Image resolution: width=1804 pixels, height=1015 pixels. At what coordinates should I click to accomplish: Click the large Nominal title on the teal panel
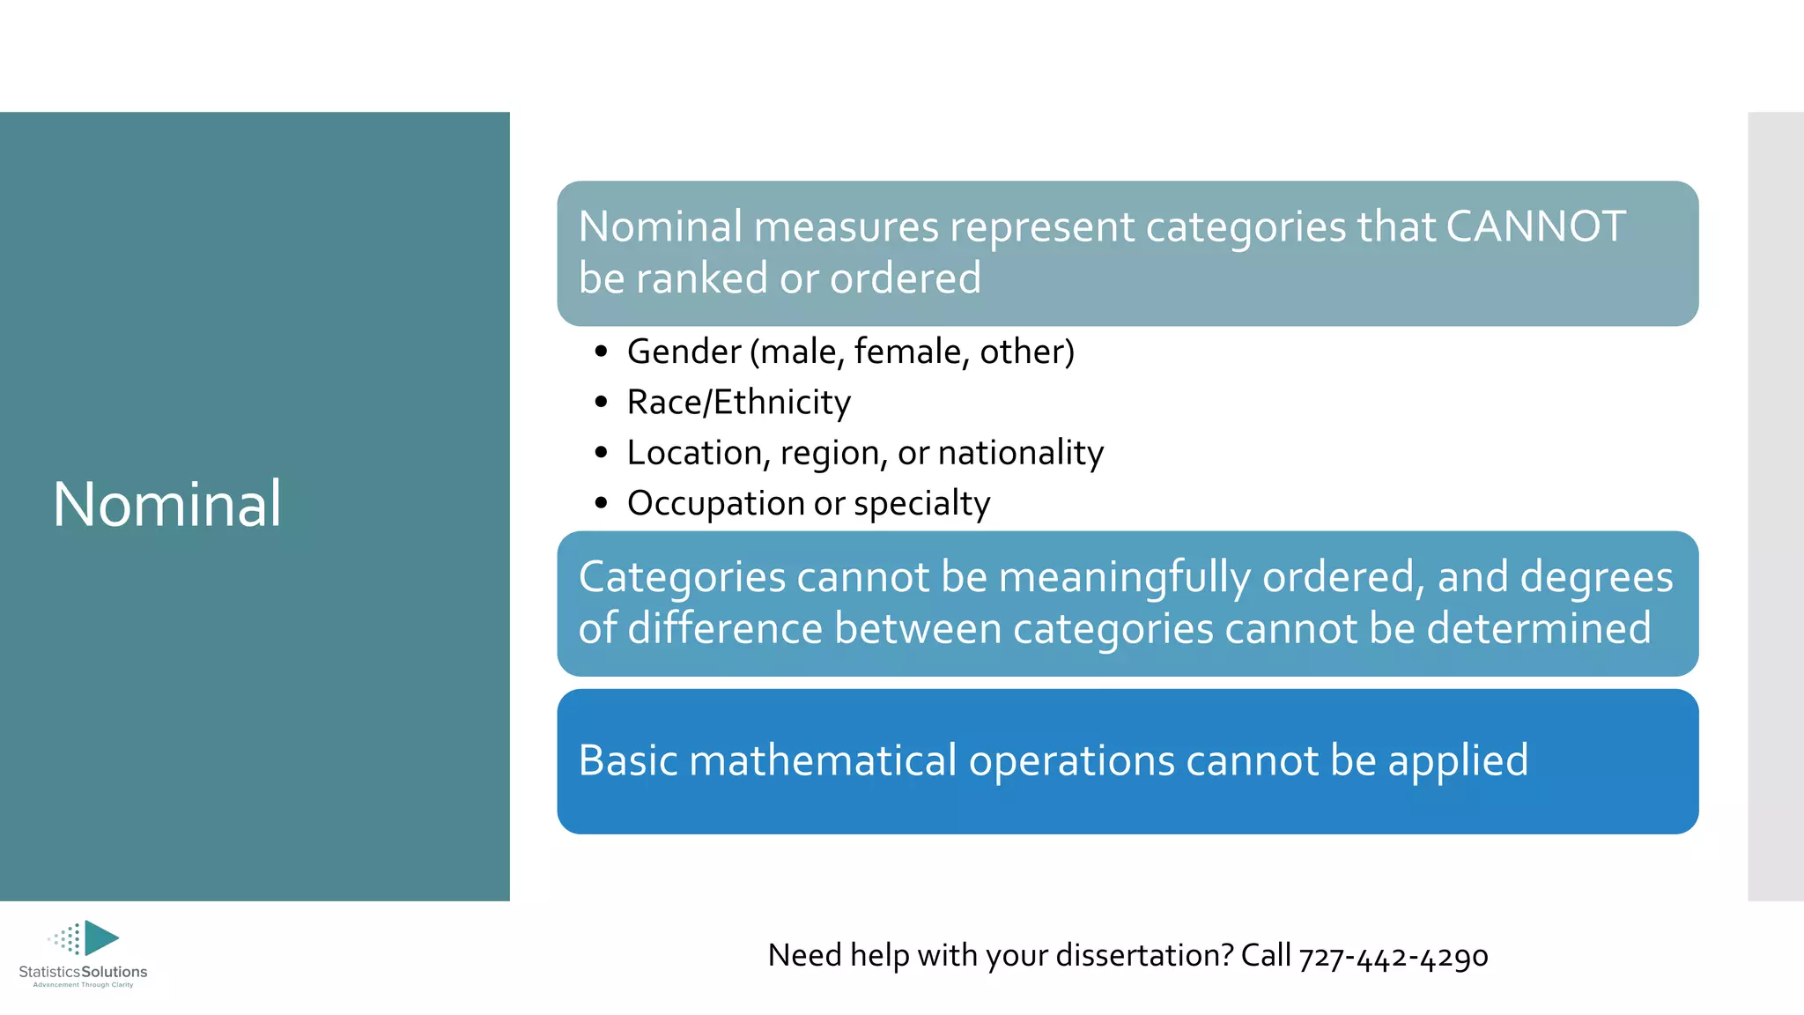click(167, 504)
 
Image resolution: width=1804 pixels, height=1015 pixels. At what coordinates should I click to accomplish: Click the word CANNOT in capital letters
click(1535, 226)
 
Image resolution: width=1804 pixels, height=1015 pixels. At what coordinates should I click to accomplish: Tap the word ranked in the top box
click(702, 278)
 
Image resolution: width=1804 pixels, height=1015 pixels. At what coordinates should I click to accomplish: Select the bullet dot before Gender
click(602, 352)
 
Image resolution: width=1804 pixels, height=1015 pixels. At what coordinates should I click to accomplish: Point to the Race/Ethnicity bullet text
click(738, 402)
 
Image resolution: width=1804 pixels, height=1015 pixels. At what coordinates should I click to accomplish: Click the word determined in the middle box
click(1538, 628)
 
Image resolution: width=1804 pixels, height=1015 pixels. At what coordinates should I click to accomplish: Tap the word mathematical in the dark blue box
click(822, 760)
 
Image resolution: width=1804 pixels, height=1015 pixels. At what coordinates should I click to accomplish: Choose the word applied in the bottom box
click(1458, 760)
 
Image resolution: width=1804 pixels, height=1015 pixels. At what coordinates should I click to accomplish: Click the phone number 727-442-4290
click(1393, 956)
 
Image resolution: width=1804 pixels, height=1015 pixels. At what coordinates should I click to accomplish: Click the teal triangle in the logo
click(100, 937)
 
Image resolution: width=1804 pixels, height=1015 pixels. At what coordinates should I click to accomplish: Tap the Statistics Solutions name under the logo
click(83, 972)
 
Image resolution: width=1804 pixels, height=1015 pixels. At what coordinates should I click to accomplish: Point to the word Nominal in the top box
click(661, 226)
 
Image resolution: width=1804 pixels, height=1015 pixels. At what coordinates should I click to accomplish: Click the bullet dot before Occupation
click(602, 504)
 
